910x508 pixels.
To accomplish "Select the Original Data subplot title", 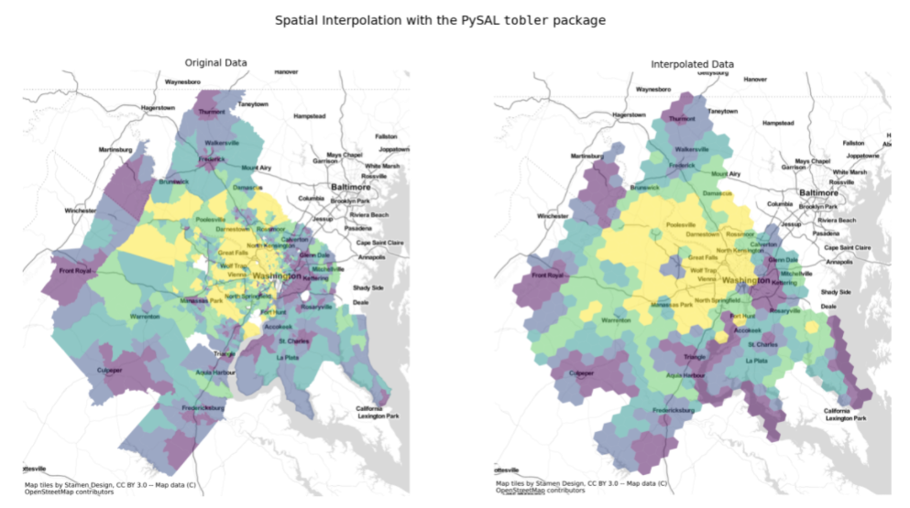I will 215,62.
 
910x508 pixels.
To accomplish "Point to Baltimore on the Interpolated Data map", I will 819,193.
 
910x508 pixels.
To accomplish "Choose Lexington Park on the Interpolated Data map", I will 843,418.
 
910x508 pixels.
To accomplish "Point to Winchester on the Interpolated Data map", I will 553,216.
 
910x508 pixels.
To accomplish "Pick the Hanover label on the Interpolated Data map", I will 755,80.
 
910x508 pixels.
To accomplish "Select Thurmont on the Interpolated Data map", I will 683,118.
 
